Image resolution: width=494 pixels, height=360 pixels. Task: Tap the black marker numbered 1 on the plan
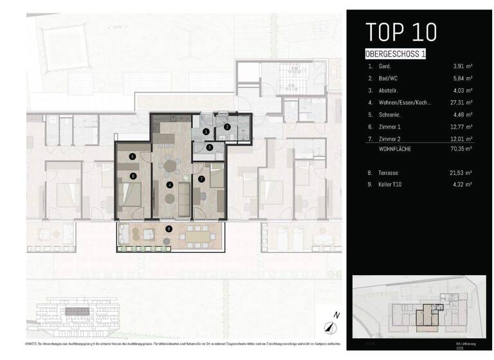pos(205,131)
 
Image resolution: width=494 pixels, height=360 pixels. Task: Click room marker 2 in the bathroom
pos(227,127)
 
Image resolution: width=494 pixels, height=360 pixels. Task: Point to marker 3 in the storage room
pos(210,148)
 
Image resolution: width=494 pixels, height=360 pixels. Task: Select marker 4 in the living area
pos(170,185)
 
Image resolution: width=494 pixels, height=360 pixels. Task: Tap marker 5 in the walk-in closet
pos(132,156)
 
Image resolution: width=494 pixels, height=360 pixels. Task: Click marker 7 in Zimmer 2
pos(201,179)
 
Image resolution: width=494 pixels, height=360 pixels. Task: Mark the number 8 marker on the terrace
pos(169,228)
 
